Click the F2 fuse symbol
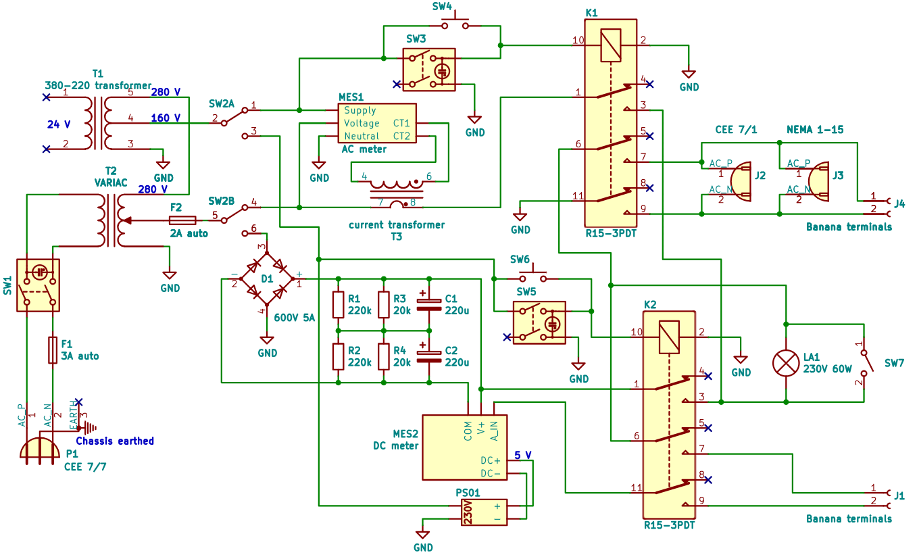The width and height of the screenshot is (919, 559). coord(182,220)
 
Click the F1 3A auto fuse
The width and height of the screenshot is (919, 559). coord(53,350)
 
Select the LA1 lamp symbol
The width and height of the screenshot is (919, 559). coord(787,363)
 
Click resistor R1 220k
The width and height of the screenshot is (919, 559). coord(339,305)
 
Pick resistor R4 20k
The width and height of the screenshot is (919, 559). coord(384,356)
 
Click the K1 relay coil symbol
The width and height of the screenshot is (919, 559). coord(611,46)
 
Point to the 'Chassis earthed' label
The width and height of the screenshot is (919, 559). coord(114,441)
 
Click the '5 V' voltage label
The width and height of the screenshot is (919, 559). coord(523,454)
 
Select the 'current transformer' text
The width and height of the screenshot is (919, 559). coord(396,224)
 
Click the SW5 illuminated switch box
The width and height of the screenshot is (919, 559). coord(539,323)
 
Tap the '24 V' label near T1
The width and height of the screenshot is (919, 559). coord(58,124)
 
